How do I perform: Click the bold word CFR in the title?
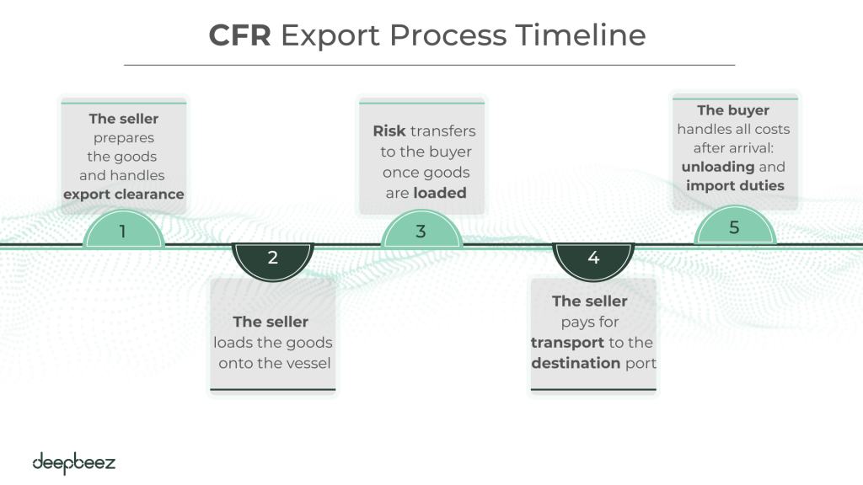pyautogui.click(x=239, y=35)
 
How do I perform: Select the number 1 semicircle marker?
pyautogui.click(x=123, y=230)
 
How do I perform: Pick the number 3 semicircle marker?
pyautogui.click(x=421, y=230)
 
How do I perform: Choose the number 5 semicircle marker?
pyautogui.click(x=734, y=228)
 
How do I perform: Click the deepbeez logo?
pyautogui.click(x=73, y=462)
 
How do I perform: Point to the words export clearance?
pyautogui.click(x=123, y=195)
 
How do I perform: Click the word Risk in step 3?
pyautogui.click(x=390, y=131)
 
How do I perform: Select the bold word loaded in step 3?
pyautogui.click(x=440, y=193)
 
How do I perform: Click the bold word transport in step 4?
pyautogui.click(x=567, y=343)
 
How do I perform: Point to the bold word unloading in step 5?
pyautogui.click(x=718, y=167)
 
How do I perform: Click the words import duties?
pyautogui.click(x=734, y=185)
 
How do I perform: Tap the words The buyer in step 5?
pyautogui.click(x=733, y=110)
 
